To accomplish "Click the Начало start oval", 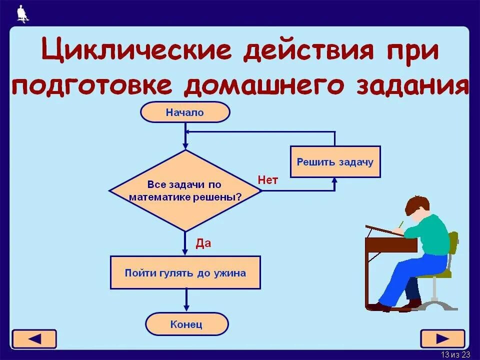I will coord(185,112).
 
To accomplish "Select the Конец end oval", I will coord(186,324).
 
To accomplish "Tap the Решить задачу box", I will coord(335,161).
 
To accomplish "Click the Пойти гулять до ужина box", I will coord(185,273).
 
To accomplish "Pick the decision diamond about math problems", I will coord(185,191).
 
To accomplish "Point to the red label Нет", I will coord(267,180).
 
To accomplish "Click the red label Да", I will coord(203,243).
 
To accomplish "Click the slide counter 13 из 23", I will coord(455,354).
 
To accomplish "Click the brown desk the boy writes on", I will coord(390,245).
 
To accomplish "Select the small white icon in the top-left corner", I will coord(22,13).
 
